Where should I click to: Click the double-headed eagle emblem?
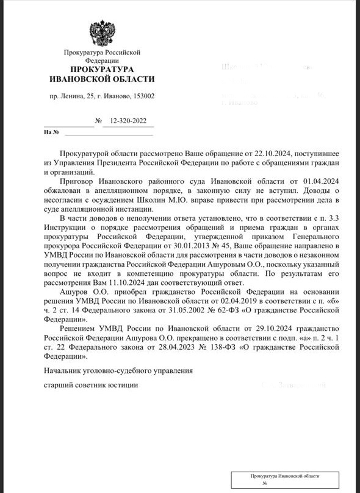(101, 33)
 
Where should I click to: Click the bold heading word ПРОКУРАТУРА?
(101, 70)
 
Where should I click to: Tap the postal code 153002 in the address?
(141, 96)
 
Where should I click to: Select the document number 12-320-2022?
(128, 121)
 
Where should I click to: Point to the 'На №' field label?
(51, 132)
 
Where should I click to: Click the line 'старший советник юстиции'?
(91, 385)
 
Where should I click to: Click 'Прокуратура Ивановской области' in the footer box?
(285, 475)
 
